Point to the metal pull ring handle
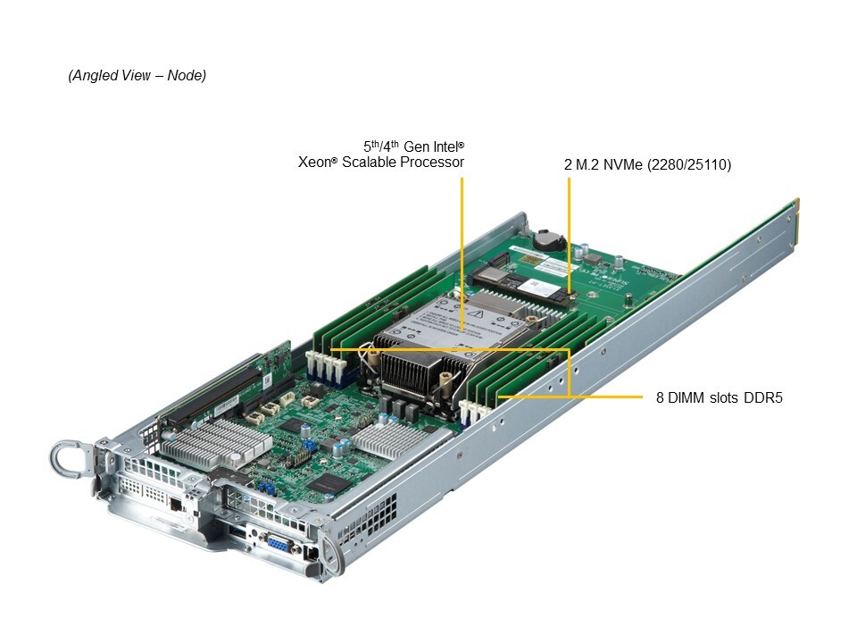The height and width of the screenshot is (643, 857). click(x=69, y=458)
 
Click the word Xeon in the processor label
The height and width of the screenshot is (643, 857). click(x=313, y=163)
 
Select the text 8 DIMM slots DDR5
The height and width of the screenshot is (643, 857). click(x=719, y=398)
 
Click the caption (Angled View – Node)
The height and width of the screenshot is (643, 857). click(x=137, y=76)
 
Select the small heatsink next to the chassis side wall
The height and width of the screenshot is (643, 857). click(x=385, y=438)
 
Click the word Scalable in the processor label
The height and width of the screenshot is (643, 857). click(x=370, y=163)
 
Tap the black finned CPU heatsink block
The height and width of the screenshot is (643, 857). click(x=420, y=371)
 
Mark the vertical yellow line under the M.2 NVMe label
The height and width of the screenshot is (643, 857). click(x=568, y=232)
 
